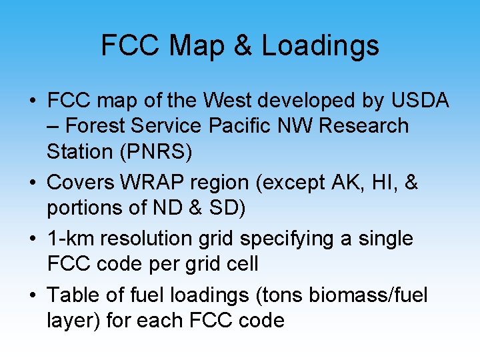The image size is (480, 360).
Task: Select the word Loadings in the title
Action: coord(320,46)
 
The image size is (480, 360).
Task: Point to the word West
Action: coord(231,101)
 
